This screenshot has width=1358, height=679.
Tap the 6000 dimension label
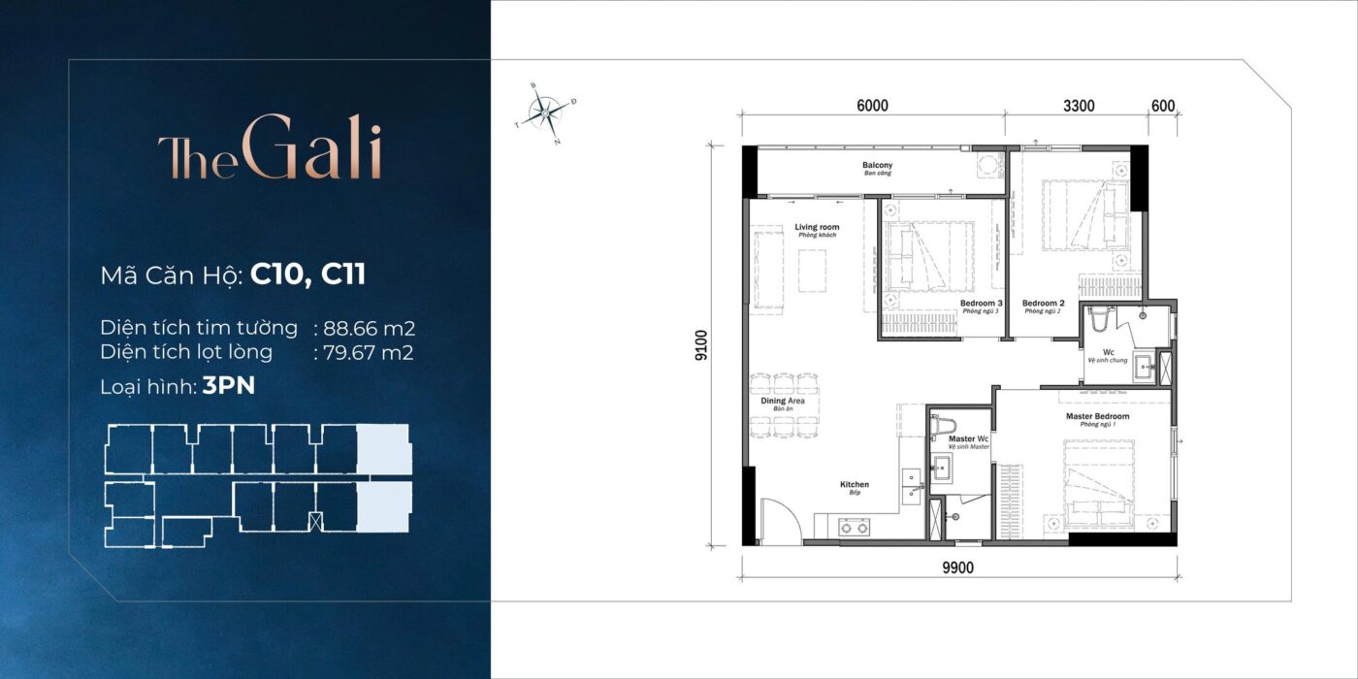click(x=873, y=106)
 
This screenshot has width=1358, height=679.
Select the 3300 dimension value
click(x=1079, y=106)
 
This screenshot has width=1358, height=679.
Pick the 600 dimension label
click(x=1163, y=106)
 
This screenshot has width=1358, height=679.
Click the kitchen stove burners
click(x=855, y=528)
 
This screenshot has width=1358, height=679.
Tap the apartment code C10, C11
click(x=307, y=275)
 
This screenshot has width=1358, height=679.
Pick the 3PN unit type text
click(x=228, y=387)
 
